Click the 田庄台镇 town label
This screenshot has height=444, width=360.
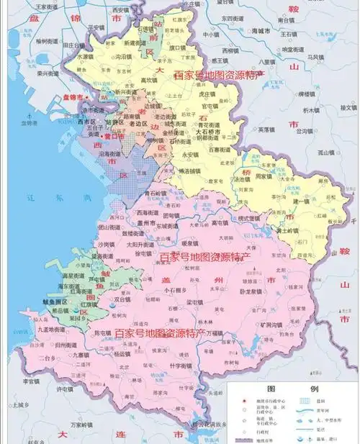(76, 45)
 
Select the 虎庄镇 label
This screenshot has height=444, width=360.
(208, 93)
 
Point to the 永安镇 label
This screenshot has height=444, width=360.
(190, 155)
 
